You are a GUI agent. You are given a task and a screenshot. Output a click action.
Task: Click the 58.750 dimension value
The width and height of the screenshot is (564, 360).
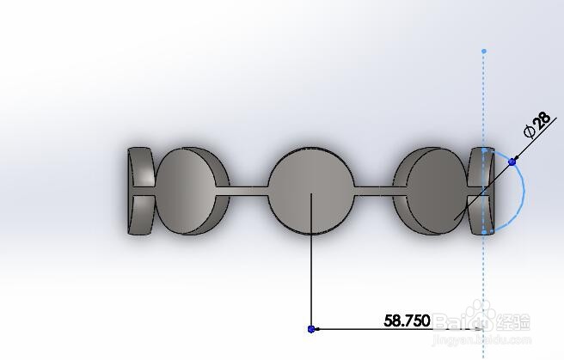tap(406, 320)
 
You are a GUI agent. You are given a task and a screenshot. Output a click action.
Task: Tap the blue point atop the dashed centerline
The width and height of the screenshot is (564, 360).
tap(483, 52)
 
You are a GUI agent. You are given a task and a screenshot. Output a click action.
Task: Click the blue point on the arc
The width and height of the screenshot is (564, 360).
tap(512, 161)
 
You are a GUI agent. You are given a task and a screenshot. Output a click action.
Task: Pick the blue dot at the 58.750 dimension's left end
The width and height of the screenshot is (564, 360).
tap(310, 328)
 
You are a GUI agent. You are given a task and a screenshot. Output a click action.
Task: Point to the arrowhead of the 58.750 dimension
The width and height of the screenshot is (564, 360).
tap(478, 328)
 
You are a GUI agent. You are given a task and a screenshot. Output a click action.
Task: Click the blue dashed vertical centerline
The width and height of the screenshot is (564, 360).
tap(483, 103)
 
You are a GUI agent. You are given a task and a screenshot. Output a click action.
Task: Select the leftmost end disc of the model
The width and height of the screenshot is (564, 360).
tap(139, 191)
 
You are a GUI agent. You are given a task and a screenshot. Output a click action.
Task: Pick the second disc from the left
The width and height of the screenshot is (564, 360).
tap(191, 190)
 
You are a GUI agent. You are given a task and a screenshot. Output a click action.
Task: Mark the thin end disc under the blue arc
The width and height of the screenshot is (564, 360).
tap(478, 191)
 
